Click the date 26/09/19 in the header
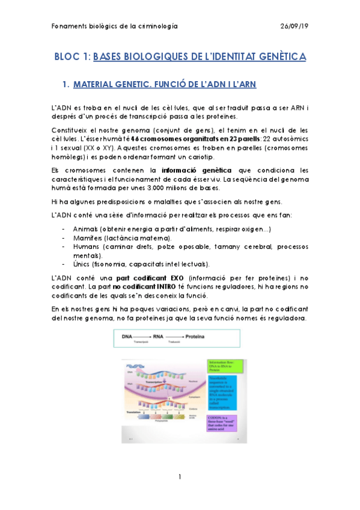click(294, 26)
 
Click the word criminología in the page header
click(154, 26)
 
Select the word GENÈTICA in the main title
click(278, 57)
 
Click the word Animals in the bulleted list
click(86, 230)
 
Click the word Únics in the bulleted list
click(82, 263)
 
